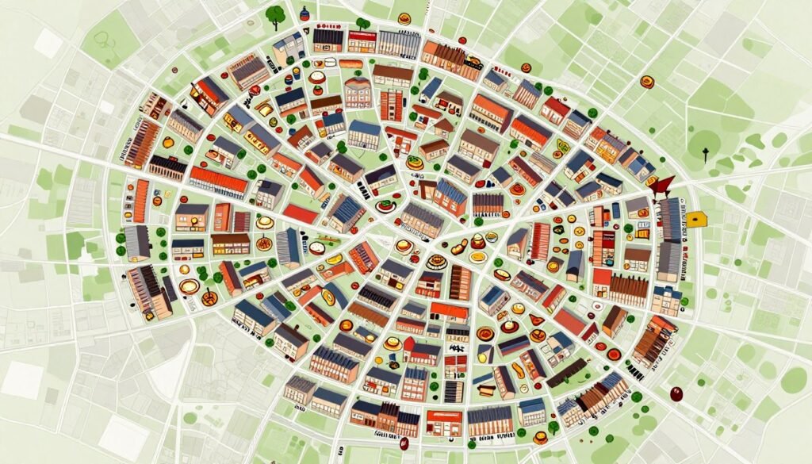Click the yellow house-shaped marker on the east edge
(697, 219)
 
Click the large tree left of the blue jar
(276, 14)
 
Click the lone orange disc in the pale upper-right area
(647, 81)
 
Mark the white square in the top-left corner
(47, 43)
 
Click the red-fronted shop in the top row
(361, 41)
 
